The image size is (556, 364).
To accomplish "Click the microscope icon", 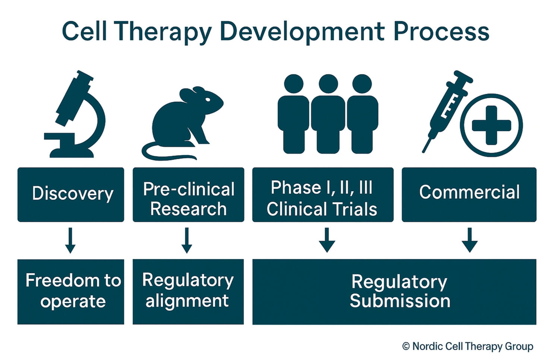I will point(76,115).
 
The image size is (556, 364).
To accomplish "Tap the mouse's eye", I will point(208,100).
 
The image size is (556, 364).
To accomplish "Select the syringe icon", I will point(445,108).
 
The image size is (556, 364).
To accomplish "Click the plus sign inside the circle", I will point(491,125).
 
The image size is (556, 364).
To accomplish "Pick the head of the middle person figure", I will point(328,83).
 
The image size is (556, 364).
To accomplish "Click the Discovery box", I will point(71,194).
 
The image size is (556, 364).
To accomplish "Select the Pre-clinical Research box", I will point(188,194).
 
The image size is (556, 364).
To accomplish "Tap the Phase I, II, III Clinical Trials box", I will point(323,194).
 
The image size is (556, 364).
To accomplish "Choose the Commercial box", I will point(469,194).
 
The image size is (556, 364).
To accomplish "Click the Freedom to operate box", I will point(71,291).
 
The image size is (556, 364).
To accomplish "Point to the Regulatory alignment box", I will point(188,291).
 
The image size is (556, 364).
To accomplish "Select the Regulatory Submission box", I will point(394,291).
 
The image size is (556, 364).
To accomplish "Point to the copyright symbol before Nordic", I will point(406,347).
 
